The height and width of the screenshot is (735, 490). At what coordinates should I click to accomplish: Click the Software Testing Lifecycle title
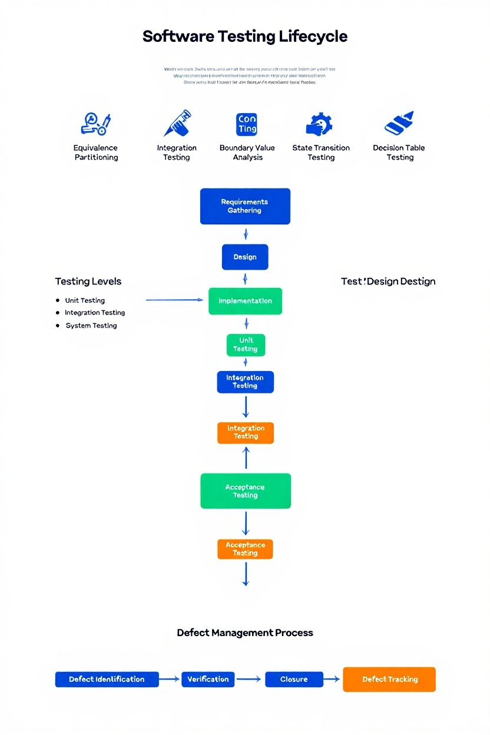pos(245,37)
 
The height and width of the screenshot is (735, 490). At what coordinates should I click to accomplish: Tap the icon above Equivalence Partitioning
pos(95,124)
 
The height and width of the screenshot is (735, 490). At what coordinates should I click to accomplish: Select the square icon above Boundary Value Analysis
pos(247,124)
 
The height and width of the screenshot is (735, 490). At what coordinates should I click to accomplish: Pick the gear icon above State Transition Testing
pos(320,124)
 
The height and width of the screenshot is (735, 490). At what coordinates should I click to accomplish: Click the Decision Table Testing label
pos(399,153)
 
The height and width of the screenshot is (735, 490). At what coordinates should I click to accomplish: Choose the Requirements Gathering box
pos(245,206)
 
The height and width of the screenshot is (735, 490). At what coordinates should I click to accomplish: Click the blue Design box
pos(245,257)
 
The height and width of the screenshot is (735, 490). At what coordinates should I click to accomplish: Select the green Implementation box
pos(245,301)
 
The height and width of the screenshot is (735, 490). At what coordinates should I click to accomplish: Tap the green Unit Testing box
pos(246,345)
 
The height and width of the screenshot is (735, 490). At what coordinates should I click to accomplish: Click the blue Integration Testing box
pos(245,382)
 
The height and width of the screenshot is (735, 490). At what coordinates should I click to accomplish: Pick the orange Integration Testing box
pos(246,433)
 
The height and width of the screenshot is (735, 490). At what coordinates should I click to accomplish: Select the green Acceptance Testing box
pos(245,491)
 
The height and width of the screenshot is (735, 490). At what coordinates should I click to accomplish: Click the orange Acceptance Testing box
pos(245,549)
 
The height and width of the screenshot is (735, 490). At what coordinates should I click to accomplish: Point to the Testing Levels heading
pos(88,282)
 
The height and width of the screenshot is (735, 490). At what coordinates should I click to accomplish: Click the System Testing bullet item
pos(91,326)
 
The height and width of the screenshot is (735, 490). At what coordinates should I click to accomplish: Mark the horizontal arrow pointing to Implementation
pos(174,300)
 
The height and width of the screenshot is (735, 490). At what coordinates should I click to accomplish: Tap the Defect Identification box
pos(107,679)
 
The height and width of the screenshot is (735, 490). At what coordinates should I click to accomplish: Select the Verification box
pos(208,679)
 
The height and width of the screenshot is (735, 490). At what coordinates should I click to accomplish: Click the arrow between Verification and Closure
pos(249,679)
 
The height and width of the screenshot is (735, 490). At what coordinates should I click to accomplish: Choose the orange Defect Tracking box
pos(389,679)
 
